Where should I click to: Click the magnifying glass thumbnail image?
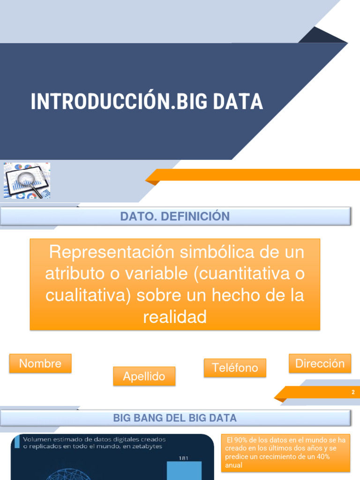27,180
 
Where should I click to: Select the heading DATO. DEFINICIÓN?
175,216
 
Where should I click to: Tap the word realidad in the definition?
175,317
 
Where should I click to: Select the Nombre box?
40,363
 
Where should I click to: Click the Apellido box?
144,376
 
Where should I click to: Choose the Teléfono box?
235,367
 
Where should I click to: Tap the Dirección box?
320,363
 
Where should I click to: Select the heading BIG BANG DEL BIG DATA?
175,418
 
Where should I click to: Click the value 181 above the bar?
183,458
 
